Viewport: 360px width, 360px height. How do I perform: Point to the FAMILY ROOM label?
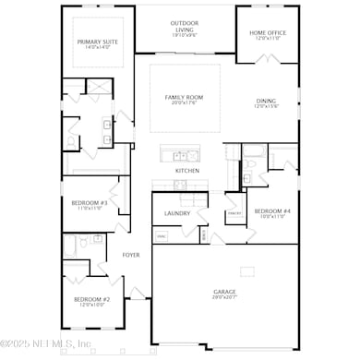(x=185, y=83)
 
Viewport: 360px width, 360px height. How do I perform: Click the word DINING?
(x=267, y=102)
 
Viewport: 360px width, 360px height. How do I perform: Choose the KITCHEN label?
(x=187, y=171)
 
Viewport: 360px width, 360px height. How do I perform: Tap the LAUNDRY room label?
(x=177, y=213)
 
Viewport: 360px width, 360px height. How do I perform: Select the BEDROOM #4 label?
(x=272, y=210)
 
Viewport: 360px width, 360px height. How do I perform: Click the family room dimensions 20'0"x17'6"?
(x=185, y=90)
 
